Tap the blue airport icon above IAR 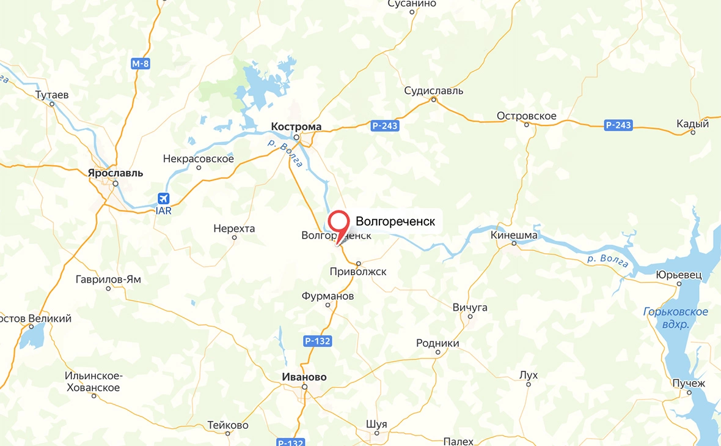(x=163, y=199)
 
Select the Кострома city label (x=296, y=127)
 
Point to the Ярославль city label (x=115, y=173)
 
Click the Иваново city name (x=304, y=377)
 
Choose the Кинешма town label (x=514, y=235)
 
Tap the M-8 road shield (x=141, y=63)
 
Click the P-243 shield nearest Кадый (x=618, y=125)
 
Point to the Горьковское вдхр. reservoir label (x=676, y=318)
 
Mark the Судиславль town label (x=434, y=91)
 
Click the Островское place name (x=527, y=116)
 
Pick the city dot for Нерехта (x=234, y=237)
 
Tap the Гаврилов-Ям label (x=108, y=279)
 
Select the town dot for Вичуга (x=470, y=316)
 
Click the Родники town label (x=437, y=343)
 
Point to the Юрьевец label (x=679, y=275)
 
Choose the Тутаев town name (x=52, y=95)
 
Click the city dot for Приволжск (x=359, y=264)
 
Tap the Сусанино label (x=412, y=4)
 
